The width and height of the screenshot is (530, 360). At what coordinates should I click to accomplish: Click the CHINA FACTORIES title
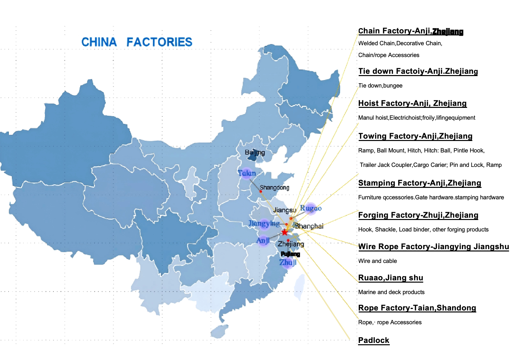pyautogui.click(x=137, y=42)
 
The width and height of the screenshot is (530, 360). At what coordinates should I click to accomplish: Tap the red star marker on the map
pyautogui.click(x=285, y=232)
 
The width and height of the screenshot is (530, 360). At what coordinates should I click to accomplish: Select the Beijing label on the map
pyautogui.click(x=255, y=152)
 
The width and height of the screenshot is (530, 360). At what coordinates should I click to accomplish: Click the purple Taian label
pyautogui.click(x=247, y=173)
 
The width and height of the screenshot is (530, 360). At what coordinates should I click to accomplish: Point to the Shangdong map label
pyautogui.click(x=274, y=188)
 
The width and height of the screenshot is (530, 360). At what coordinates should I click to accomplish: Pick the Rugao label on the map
pyautogui.click(x=311, y=208)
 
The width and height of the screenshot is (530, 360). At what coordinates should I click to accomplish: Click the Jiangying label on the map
pyautogui.click(x=264, y=224)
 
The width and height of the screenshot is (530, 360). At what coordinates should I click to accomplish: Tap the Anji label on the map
pyautogui.click(x=263, y=241)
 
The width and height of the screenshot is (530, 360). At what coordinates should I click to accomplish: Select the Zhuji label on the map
pyautogui.click(x=288, y=262)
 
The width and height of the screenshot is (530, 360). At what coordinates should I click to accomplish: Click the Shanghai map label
pyautogui.click(x=309, y=226)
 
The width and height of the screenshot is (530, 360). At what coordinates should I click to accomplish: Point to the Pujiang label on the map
pyautogui.click(x=290, y=254)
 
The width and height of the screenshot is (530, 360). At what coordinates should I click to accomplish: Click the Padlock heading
pyautogui.click(x=373, y=340)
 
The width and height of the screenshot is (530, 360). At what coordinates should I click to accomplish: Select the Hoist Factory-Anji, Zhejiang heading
pyautogui.click(x=412, y=103)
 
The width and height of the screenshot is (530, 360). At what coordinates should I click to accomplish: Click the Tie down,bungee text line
pyautogui.click(x=380, y=86)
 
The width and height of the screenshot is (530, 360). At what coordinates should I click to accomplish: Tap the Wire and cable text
pyautogui.click(x=377, y=261)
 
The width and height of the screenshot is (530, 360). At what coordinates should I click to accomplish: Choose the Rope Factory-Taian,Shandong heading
pyautogui.click(x=417, y=308)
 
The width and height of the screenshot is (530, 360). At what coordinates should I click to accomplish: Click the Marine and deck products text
pyautogui.click(x=391, y=292)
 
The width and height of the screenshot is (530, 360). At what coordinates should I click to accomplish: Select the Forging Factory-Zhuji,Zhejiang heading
pyautogui.click(x=418, y=215)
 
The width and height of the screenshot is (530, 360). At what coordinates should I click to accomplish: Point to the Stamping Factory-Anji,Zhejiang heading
pyautogui.click(x=419, y=183)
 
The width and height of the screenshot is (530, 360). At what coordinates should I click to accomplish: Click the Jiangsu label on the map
pyautogui.click(x=284, y=210)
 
